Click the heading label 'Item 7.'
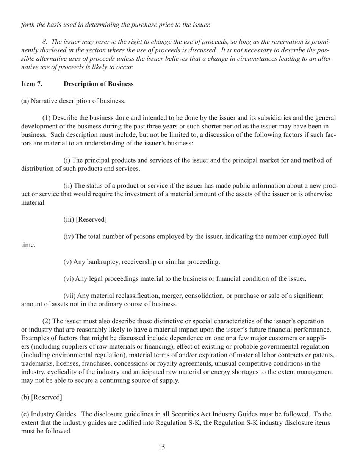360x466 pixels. coord(31,84)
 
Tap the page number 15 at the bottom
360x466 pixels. coord(161,447)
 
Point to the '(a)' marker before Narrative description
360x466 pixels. coord(25,101)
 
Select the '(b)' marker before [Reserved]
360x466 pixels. coord(25,397)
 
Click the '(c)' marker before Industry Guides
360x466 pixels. coord(25,414)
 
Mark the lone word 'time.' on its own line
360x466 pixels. coord(28,245)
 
